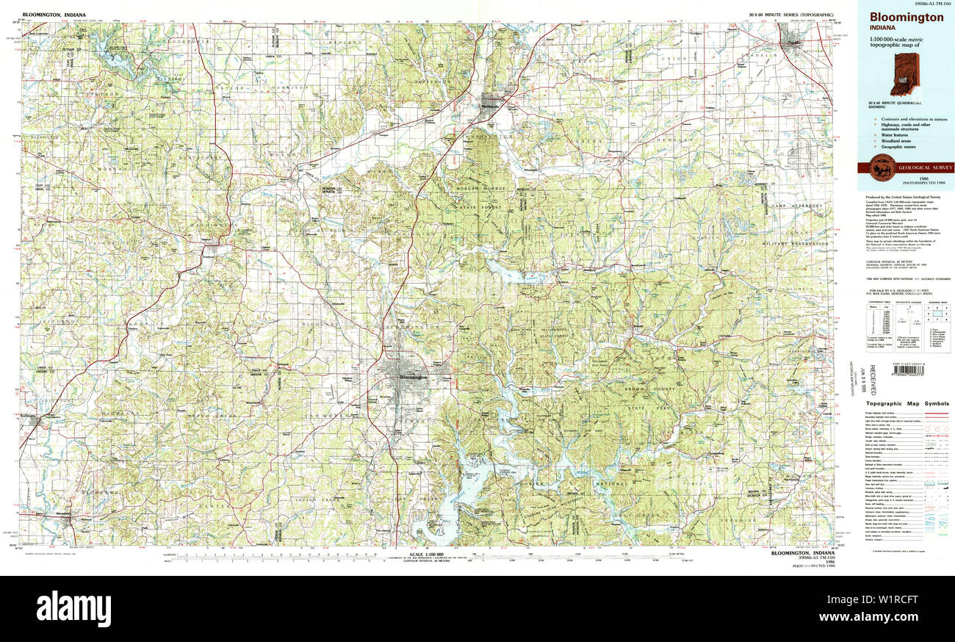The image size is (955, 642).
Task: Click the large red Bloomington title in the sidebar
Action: pyautogui.click(x=907, y=18)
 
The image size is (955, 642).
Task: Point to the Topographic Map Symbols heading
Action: pyautogui.click(x=907, y=403)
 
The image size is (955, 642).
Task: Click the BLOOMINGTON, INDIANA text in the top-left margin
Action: pyautogui.click(x=54, y=15)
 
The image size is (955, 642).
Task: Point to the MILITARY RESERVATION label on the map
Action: pyautogui.click(x=793, y=243)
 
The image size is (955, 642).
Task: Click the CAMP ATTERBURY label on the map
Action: pyautogui.click(x=797, y=206)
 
